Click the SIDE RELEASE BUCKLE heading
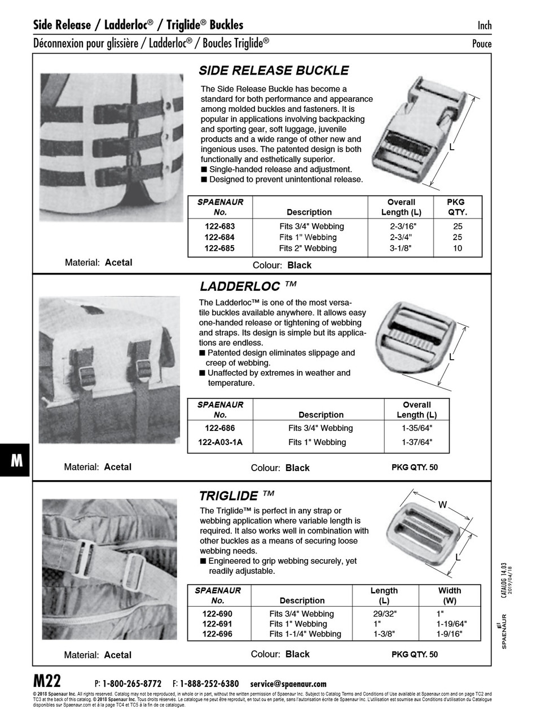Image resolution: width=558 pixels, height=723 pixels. [274, 71]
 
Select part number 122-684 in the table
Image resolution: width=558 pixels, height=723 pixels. [219, 237]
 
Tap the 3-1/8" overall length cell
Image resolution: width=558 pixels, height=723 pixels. [401, 248]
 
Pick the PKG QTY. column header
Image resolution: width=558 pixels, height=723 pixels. [457, 207]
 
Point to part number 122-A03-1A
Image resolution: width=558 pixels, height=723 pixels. [219, 442]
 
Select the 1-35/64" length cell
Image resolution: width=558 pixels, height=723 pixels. [416, 428]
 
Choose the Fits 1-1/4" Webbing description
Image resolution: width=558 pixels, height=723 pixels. [305, 634]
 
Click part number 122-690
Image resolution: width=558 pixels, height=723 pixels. [217, 614]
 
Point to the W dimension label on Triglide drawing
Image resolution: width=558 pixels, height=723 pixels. [442, 505]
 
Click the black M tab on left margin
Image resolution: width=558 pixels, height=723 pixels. [15, 461]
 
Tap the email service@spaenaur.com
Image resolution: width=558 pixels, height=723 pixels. [288, 683]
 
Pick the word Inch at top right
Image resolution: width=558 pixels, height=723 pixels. [484, 25]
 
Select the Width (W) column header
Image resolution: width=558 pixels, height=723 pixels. [449, 595]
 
